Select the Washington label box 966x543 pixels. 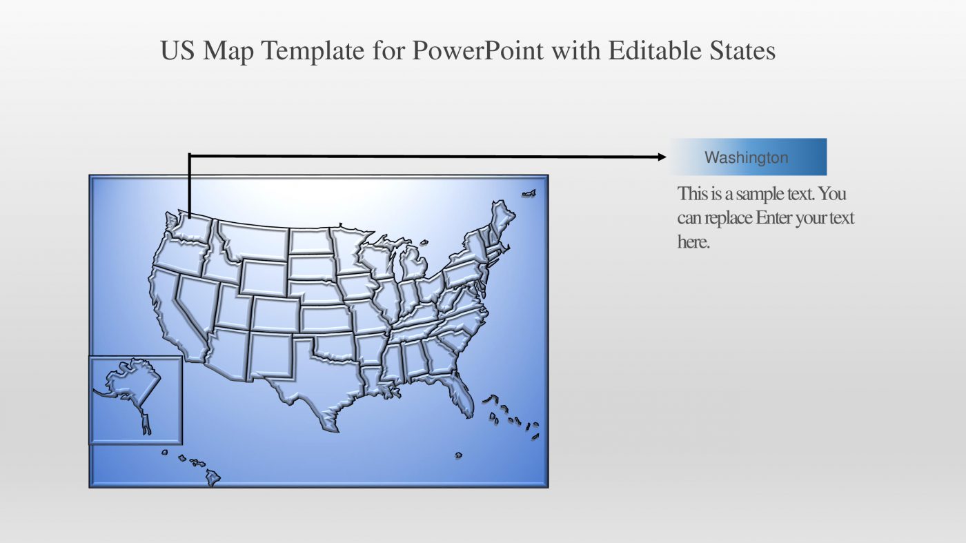pyautogui.click(x=747, y=157)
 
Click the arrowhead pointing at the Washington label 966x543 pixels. pyautogui.click(x=662, y=157)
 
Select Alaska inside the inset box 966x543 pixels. pyautogui.click(x=132, y=386)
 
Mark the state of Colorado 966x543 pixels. pyautogui.click(x=275, y=314)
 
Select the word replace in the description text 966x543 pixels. pyautogui.click(x=728, y=218)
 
